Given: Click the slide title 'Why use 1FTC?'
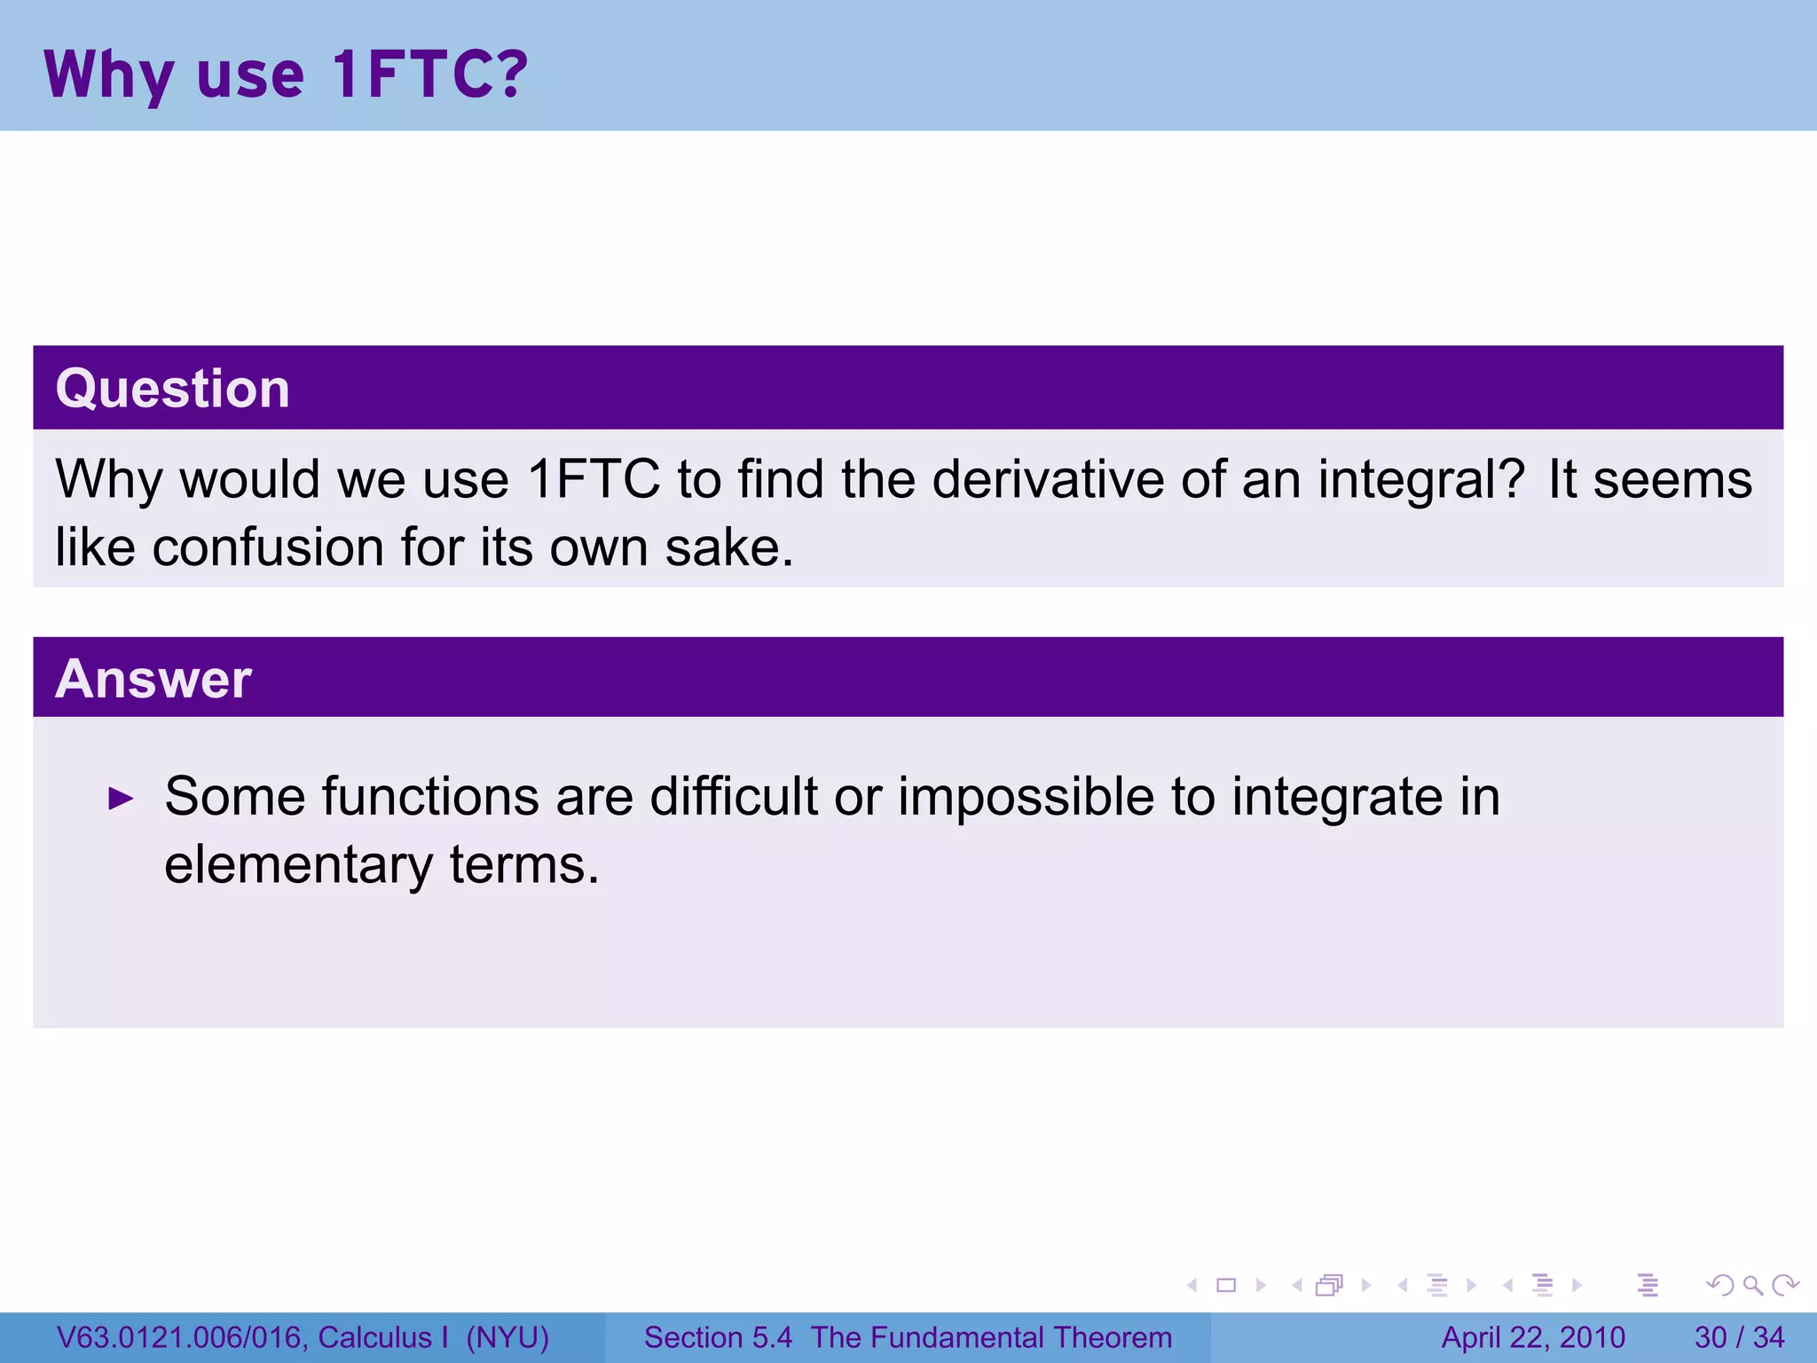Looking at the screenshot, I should coord(286,75).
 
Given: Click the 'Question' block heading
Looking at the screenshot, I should coord(173,389).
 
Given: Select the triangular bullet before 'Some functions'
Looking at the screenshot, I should coord(121,798).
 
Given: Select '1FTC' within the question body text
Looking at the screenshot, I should coord(594,479).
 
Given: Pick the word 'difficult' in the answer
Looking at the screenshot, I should coord(733,796).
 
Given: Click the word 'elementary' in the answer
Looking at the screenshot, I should coord(298,865).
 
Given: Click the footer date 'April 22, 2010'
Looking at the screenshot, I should coord(1533,1337).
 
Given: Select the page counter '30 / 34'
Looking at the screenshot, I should coord(1739,1337).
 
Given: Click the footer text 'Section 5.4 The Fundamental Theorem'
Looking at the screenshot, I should coord(908,1337).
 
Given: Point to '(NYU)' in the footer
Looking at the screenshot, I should coord(507,1337).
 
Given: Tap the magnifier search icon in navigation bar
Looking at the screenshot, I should coord(1752,1285).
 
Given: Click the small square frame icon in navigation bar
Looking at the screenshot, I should coord(1226,1285).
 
